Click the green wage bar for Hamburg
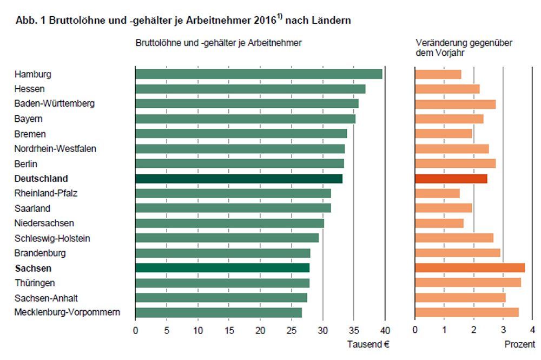coord(259,74)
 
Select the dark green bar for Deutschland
coord(239,179)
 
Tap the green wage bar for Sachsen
coord(222,268)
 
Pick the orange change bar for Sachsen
coord(470,268)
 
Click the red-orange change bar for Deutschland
coord(451,179)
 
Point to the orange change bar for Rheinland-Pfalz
coord(437,193)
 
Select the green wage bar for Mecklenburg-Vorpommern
coord(219,312)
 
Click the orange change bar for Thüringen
coord(467,283)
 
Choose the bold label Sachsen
coord(33,269)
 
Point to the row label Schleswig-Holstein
coord(52,238)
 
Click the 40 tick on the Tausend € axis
coord(385,330)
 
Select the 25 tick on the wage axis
coord(292,330)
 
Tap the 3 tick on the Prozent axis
coord(503,330)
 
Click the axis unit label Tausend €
coord(368,344)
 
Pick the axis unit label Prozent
coord(520,344)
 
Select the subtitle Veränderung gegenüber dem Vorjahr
coord(464,48)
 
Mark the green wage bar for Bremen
coord(241,134)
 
